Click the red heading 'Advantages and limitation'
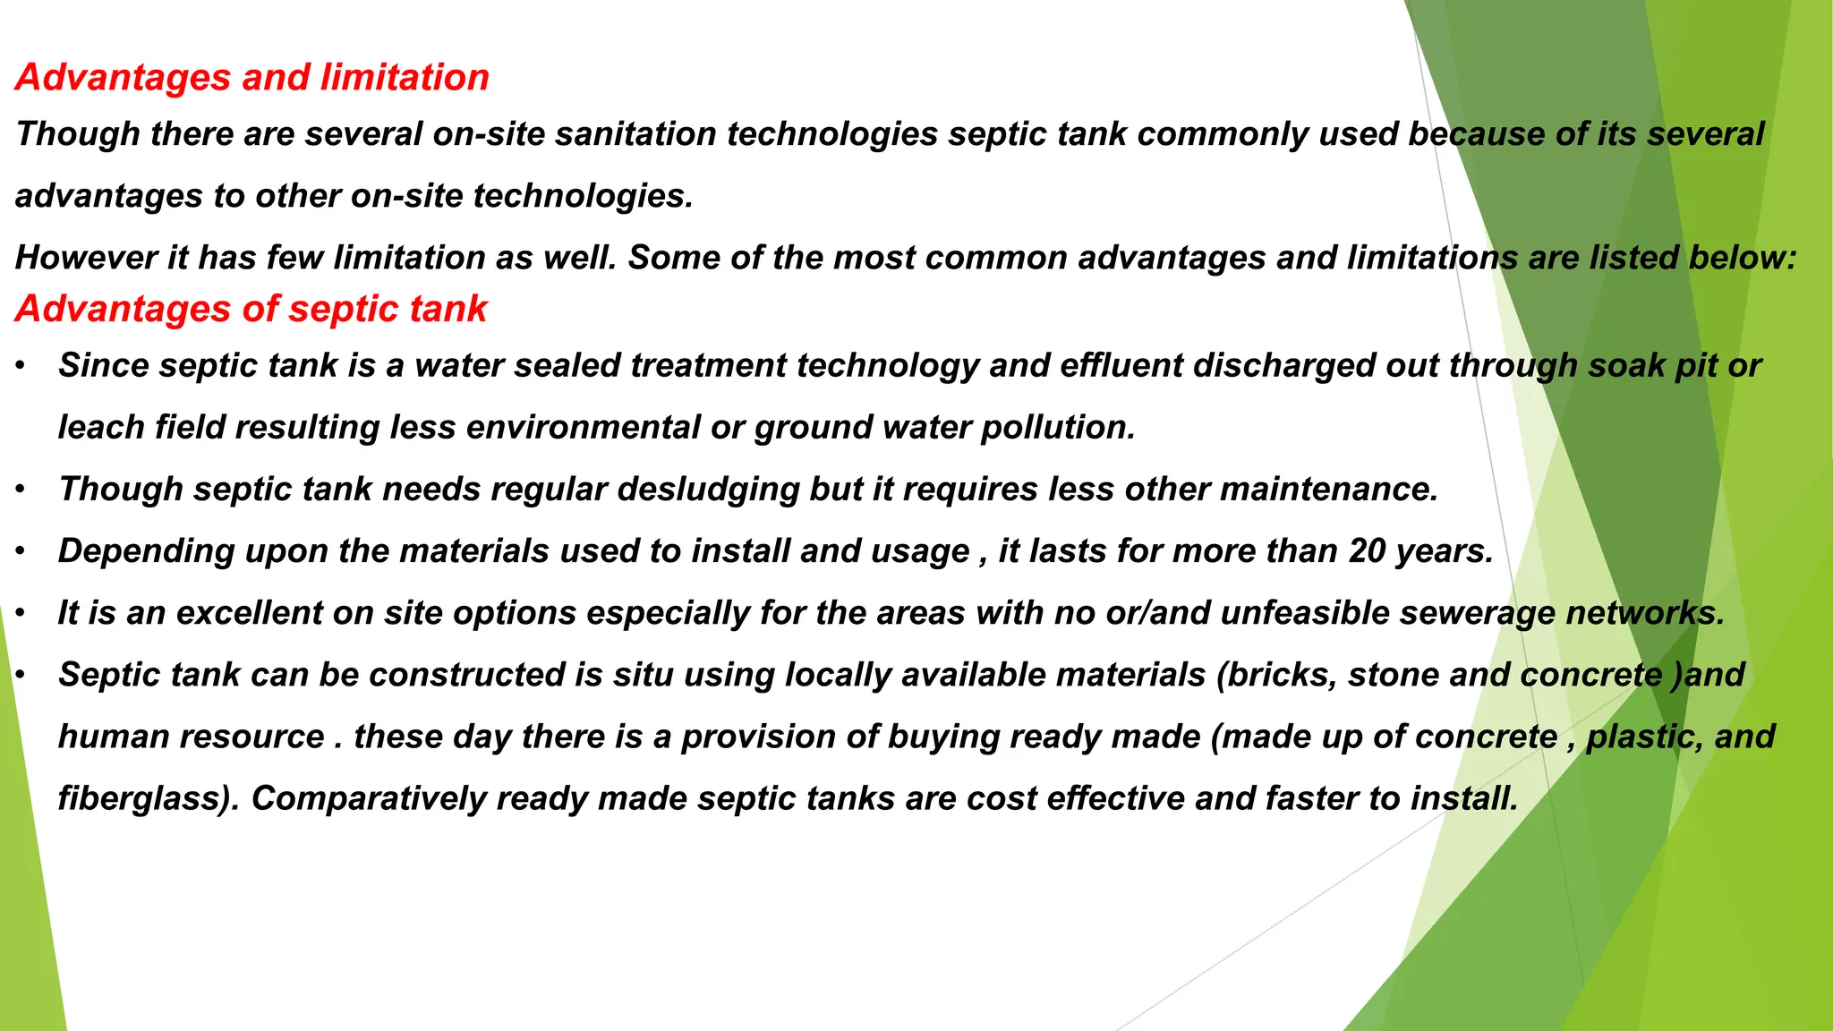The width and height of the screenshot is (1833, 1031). (x=252, y=78)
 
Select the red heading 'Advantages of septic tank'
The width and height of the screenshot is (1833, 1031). (x=251, y=310)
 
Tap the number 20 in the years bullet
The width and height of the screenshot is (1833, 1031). (x=1367, y=551)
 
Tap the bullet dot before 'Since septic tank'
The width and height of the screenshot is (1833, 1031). (x=20, y=366)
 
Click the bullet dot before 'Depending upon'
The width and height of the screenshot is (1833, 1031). (x=20, y=551)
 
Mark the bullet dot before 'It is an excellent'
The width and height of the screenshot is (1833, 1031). (x=20, y=613)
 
